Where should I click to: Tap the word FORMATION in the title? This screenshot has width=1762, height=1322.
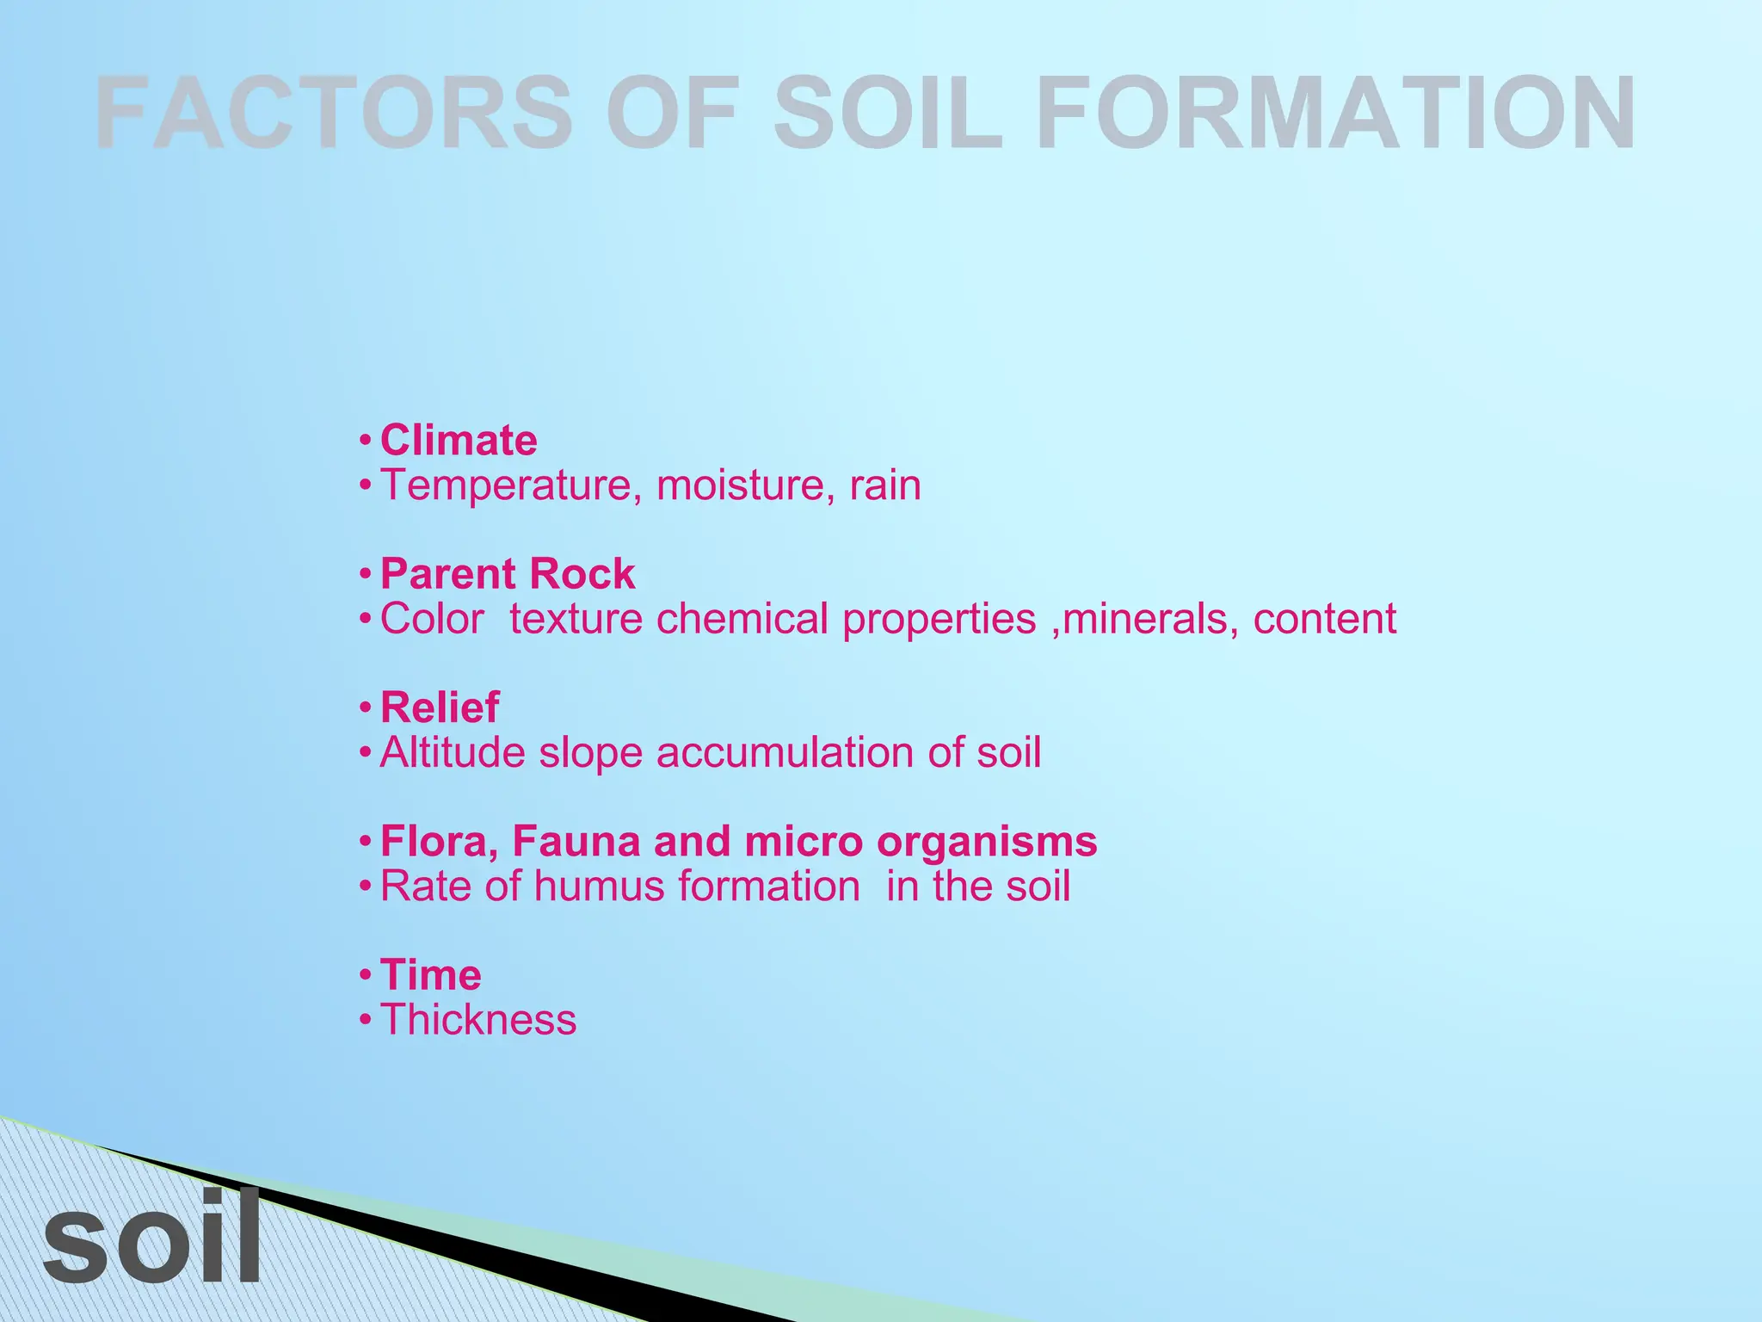pyautogui.click(x=1335, y=113)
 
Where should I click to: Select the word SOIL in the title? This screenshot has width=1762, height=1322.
pyautogui.click(x=890, y=113)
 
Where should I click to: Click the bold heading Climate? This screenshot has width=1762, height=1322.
pyautogui.click(x=459, y=441)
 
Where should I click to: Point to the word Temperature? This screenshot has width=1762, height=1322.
pyautogui.click(x=511, y=485)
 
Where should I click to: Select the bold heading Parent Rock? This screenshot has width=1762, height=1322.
pyautogui.click(x=508, y=574)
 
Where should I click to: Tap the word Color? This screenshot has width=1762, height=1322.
pyautogui.click(x=432, y=619)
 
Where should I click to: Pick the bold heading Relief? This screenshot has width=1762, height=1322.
pyautogui.click(x=440, y=708)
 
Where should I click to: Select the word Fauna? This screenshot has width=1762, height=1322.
pyautogui.click(x=576, y=842)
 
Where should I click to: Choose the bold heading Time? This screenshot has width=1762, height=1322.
pyautogui.click(x=430, y=976)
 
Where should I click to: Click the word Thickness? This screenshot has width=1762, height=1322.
pyautogui.click(x=478, y=1021)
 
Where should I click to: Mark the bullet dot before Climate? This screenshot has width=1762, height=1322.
pyautogui.click(x=366, y=441)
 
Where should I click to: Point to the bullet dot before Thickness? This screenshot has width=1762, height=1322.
pyautogui.click(x=366, y=1021)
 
